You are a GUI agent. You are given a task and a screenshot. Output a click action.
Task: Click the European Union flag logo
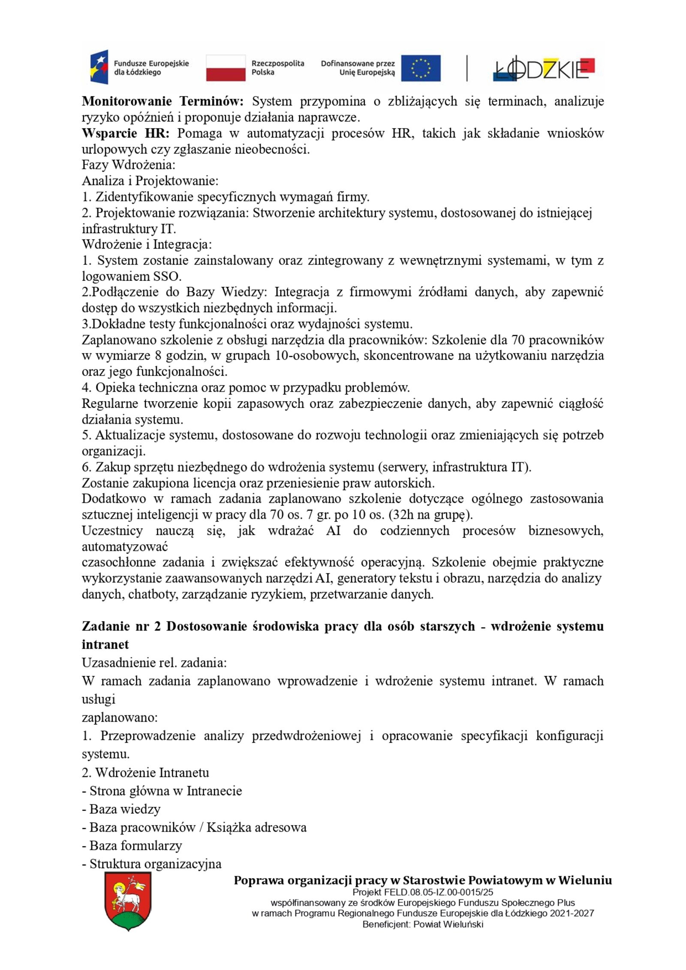pyautogui.click(x=420, y=68)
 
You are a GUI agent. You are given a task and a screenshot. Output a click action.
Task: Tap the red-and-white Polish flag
pyautogui.click(x=226, y=68)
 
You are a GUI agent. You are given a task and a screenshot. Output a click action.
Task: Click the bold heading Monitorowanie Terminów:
pyautogui.click(x=162, y=102)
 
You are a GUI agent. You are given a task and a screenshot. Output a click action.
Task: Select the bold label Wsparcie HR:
pyautogui.click(x=126, y=133)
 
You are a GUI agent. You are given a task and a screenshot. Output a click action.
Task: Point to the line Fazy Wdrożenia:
pyautogui.click(x=128, y=165)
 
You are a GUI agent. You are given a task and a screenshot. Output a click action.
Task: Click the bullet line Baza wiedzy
pyautogui.click(x=121, y=809)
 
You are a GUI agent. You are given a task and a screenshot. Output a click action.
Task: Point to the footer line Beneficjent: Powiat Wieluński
pyautogui.click(x=422, y=924)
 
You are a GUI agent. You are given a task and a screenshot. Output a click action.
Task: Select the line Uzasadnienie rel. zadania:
pyautogui.click(x=154, y=663)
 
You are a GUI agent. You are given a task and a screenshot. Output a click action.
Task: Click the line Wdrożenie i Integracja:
pyautogui.click(x=147, y=244)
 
